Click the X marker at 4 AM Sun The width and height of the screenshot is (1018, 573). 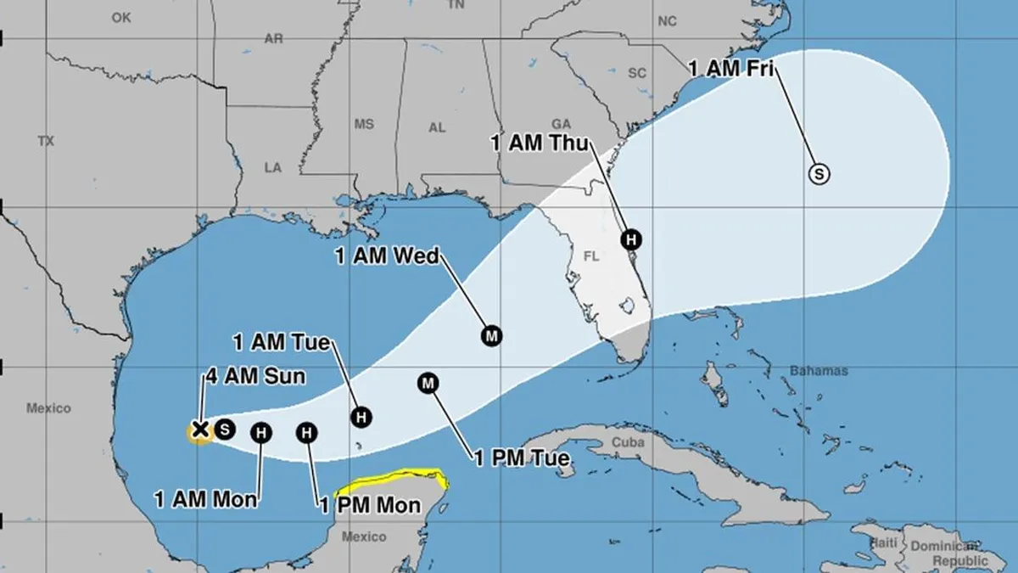point(200,429)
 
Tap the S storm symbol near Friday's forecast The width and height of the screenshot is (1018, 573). point(819,173)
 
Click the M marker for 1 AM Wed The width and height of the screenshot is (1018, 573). point(491,336)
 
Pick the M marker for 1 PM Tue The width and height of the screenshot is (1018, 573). point(429,384)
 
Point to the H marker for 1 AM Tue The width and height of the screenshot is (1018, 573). point(361,417)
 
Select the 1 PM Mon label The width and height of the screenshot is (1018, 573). point(370,506)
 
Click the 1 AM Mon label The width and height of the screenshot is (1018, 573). point(205,499)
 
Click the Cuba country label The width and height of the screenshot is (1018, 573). point(629,443)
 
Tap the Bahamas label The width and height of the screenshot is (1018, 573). point(818,372)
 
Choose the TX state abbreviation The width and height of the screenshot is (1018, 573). point(46,142)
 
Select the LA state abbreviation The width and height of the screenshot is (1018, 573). point(272,168)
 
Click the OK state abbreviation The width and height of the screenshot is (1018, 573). point(121,17)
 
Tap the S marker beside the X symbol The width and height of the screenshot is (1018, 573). point(224,429)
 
